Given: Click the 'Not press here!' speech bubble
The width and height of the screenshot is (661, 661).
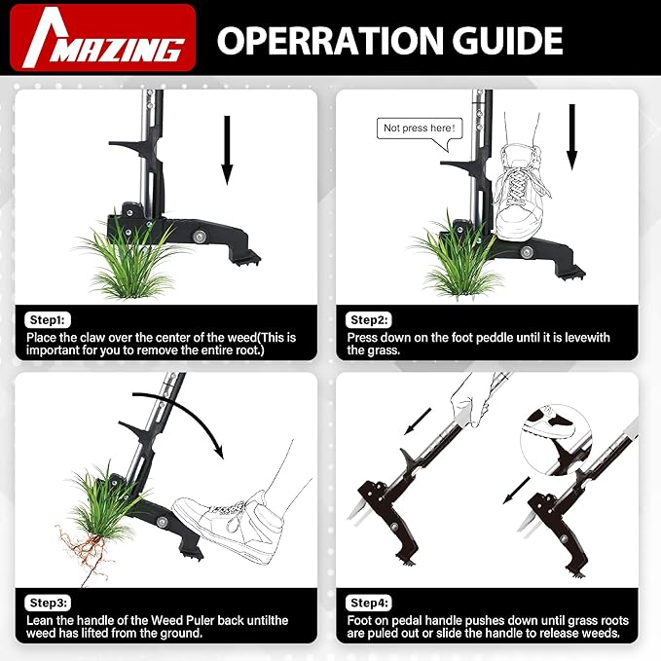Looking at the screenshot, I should pyautogui.click(x=418, y=129).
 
